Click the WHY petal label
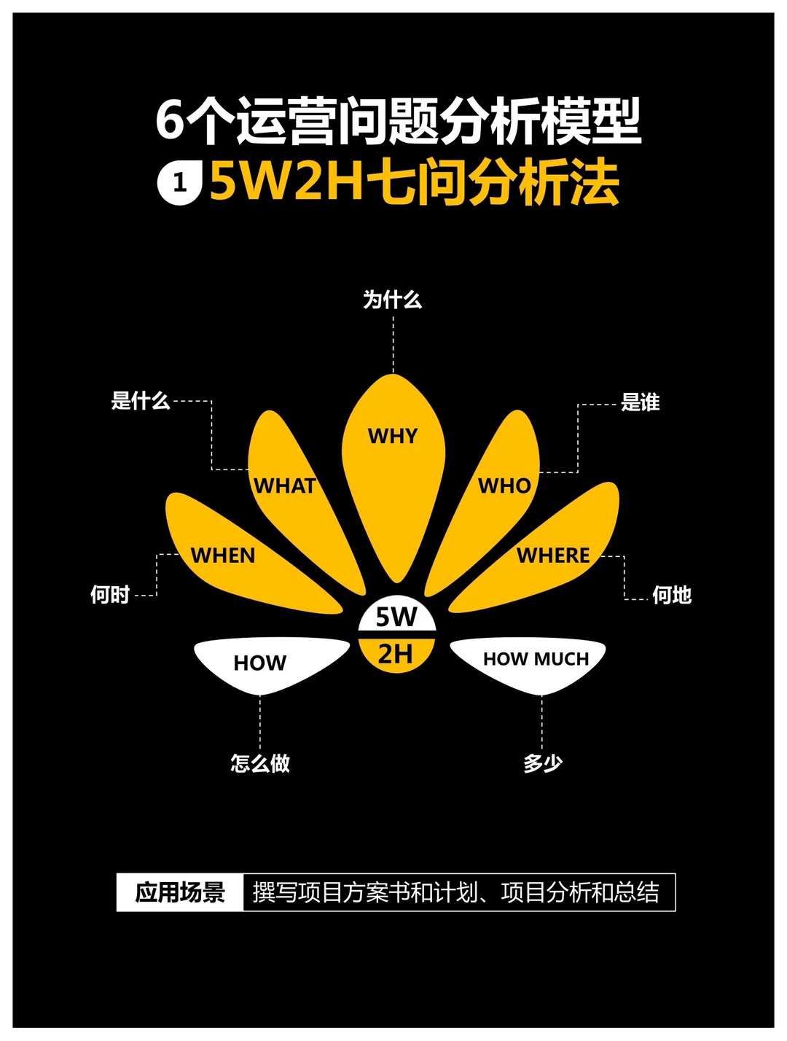coord(393,436)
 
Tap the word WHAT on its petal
coord(284,486)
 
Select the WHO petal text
coord(504,486)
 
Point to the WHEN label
coord(223,555)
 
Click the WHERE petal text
coord(553,555)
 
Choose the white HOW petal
coord(262,663)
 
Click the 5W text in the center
coord(396,617)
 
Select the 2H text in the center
coord(396,654)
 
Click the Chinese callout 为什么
coord(393,300)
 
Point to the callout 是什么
coord(140,400)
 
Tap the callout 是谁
coord(640,402)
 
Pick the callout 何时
coord(109,595)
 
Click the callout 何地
coord(671,596)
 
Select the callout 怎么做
coord(260,763)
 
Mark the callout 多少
coord(542,763)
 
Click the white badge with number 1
coord(179,183)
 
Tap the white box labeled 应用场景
coord(180,892)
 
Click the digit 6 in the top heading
coord(170,121)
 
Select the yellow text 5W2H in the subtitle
coord(286,182)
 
